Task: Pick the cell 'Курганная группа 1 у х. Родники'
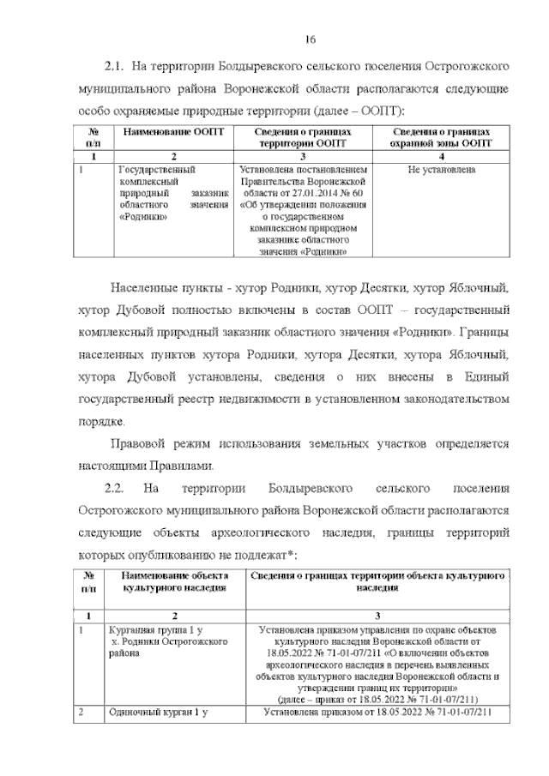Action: click(x=154, y=641)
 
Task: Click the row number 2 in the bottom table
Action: click(x=81, y=712)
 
